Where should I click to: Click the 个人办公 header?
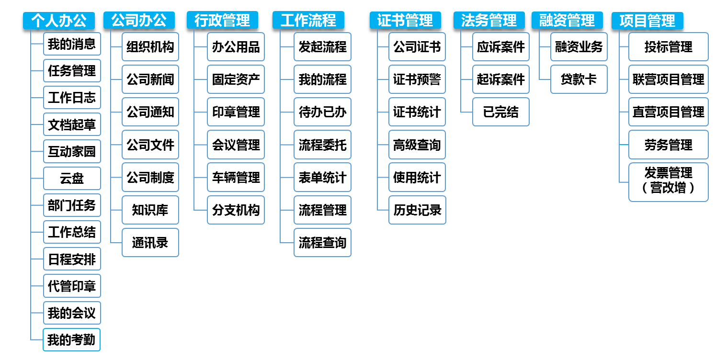pyautogui.click(x=59, y=21)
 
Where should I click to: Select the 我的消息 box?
pyautogui.click(x=72, y=45)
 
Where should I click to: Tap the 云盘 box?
pyautogui.click(x=72, y=179)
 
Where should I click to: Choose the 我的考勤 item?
pyautogui.click(x=72, y=340)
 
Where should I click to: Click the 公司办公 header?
pyautogui.click(x=139, y=21)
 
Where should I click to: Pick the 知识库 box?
pyautogui.click(x=150, y=210)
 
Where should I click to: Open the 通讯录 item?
pyautogui.click(x=150, y=242)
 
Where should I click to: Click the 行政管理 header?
pyautogui.click(x=222, y=21)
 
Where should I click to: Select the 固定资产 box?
pyautogui.click(x=236, y=79)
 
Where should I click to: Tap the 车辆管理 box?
pyautogui.click(x=236, y=177)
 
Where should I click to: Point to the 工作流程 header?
pyautogui.click(x=308, y=21)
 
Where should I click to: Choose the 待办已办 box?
pyautogui.click(x=322, y=112)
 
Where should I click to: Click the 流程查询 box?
pyautogui.click(x=322, y=242)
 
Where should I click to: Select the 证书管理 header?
pyautogui.click(x=405, y=21)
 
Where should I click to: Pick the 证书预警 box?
pyautogui.click(x=417, y=79)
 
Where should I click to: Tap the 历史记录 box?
pyautogui.click(x=417, y=210)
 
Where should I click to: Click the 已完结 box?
pyautogui.click(x=500, y=112)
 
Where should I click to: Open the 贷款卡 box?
pyautogui.click(x=579, y=79)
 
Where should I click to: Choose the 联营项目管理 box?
pyautogui.click(x=668, y=79)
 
